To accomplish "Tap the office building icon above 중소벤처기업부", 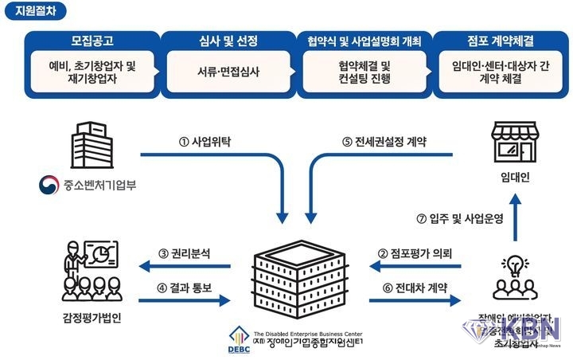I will pos(87,147).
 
